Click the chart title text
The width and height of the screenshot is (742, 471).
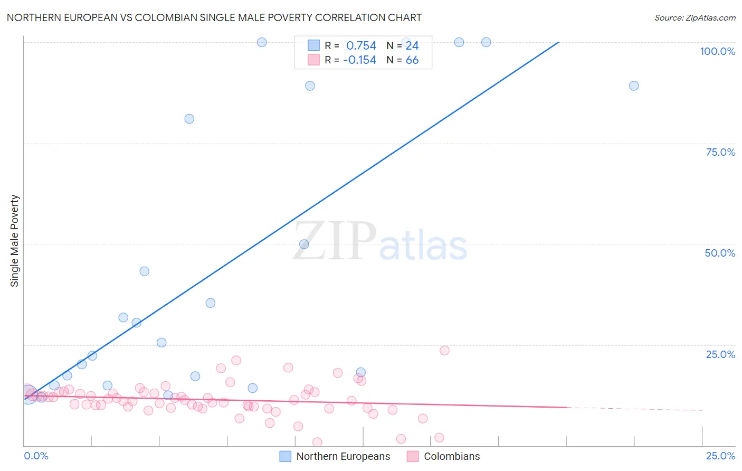[214, 17]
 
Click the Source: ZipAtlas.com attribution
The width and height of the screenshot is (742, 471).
[695, 18]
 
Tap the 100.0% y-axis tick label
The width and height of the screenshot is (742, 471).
[717, 51]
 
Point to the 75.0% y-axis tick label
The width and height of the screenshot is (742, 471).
[720, 152]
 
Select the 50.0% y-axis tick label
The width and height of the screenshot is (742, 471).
[720, 253]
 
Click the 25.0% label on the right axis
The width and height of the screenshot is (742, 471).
[720, 354]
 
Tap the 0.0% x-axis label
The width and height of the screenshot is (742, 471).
[36, 456]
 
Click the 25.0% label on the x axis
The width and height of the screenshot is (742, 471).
[720, 456]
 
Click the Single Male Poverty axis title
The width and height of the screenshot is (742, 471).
[15, 241]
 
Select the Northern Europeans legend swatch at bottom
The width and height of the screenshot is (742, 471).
[286, 456]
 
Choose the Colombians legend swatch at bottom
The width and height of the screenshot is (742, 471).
[413, 456]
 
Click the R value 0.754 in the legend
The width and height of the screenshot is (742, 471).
[361, 46]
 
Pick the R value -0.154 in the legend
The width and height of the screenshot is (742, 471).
[359, 60]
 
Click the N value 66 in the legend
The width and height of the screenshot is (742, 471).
[412, 60]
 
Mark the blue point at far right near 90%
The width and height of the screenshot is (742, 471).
[634, 86]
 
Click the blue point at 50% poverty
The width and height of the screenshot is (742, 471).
[304, 244]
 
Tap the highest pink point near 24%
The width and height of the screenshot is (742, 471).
[444, 351]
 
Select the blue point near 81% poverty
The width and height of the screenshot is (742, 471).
[189, 119]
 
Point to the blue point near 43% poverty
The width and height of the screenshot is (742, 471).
[144, 271]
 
